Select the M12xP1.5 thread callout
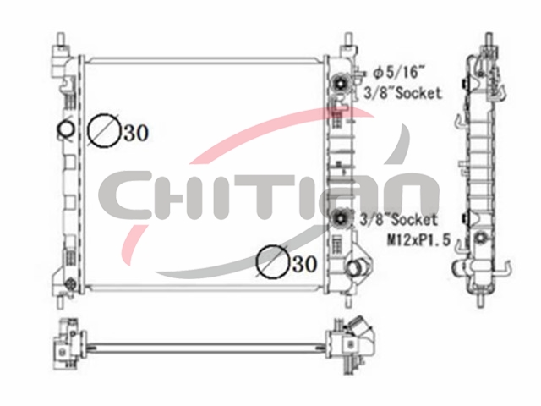click(x=419, y=239)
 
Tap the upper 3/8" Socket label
click(x=402, y=92)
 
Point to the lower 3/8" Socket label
click(x=398, y=219)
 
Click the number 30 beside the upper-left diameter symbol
click(x=136, y=133)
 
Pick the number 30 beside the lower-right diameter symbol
click(x=304, y=264)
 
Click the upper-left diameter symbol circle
click(x=103, y=130)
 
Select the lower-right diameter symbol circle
click(x=272, y=261)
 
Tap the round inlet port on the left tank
click(x=65, y=129)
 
